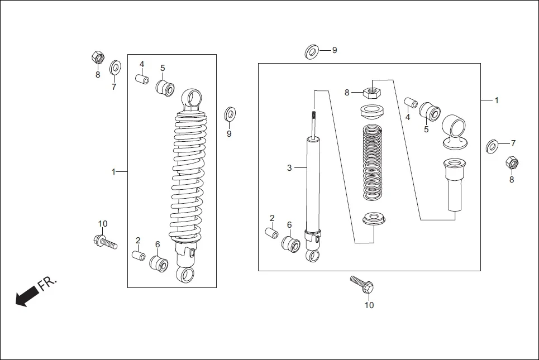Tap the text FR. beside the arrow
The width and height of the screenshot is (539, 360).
pyautogui.click(x=47, y=284)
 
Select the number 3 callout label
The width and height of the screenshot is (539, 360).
pyautogui.click(x=289, y=167)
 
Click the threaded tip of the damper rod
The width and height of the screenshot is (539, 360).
pyautogui.click(x=314, y=115)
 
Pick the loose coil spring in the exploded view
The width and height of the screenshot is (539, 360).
pyautogui.click(x=373, y=162)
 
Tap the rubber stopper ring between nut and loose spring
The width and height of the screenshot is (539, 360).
pyautogui.click(x=373, y=111)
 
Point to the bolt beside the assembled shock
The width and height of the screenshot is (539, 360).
pyautogui.click(x=105, y=242)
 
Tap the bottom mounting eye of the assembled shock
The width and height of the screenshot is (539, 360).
pyautogui.click(x=185, y=274)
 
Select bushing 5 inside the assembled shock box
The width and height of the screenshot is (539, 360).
pyautogui.click(x=165, y=88)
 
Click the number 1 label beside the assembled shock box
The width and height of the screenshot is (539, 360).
pyautogui.click(x=113, y=171)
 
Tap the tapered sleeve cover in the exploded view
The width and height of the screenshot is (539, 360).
pyautogui.click(x=456, y=184)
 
